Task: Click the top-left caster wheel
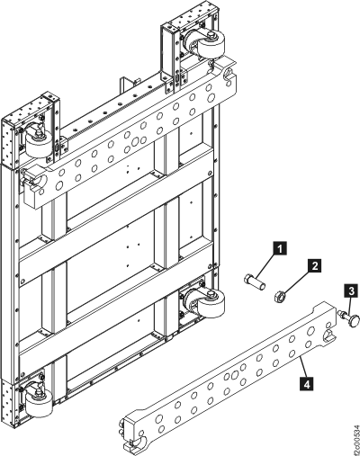click(40, 145)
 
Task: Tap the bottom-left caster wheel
click(40, 404)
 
